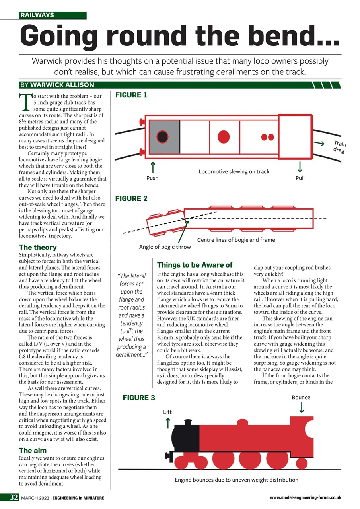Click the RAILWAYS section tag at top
point(37,16)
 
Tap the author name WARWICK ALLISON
point(62,85)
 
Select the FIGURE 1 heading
point(131,95)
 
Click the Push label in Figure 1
point(152,178)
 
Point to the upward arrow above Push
point(152,166)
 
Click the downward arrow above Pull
point(300,166)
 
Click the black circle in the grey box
point(162,136)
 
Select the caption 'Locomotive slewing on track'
point(234,171)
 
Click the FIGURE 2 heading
point(131,198)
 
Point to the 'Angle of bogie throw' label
point(165,247)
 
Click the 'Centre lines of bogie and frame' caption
point(236,240)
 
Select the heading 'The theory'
point(38,247)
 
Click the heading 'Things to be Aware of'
point(195,265)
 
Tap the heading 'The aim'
point(33,450)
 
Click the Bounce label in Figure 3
point(301,397)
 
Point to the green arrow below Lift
point(167,422)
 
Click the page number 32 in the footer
point(10,498)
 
